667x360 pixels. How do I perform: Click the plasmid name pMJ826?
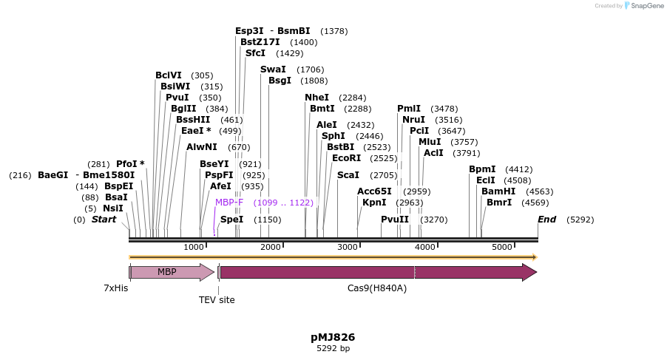pos(333,337)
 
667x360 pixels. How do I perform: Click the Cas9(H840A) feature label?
pos(377,288)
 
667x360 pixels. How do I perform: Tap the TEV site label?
pos(217,300)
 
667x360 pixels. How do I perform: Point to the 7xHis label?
pos(115,288)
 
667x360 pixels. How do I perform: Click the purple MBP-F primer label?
pos(229,203)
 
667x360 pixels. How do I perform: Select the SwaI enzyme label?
pos(273,69)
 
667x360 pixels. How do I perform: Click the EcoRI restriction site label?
pos(346,158)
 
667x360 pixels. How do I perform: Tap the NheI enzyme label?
pos(316,98)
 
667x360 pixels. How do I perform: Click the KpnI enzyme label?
pos(374,203)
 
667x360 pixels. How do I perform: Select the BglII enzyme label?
pos(183,109)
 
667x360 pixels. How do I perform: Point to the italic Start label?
pos(104,220)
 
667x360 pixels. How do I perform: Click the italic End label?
pos(546,220)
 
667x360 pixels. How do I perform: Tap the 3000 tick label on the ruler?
pos(348,247)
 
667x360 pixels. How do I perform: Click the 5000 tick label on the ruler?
pos(502,247)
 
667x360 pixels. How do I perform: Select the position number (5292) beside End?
pos(580,220)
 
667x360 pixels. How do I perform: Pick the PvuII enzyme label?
pos(395,220)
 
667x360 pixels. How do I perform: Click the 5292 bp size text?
pos(333,348)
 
